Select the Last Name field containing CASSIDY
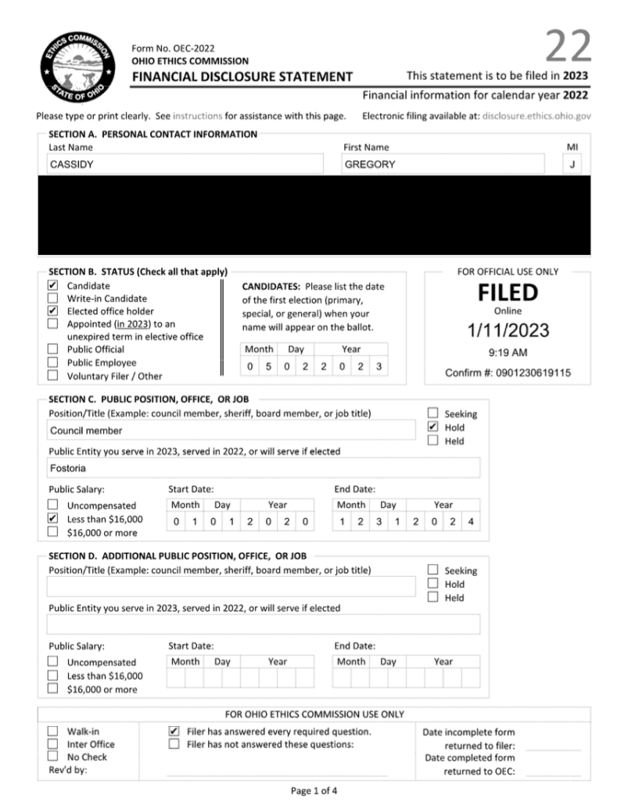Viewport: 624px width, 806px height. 185,164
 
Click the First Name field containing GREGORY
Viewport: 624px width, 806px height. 443,164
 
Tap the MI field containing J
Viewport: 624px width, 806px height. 572,164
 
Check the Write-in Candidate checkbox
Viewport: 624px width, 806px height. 52,298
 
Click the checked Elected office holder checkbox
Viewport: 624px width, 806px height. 52,311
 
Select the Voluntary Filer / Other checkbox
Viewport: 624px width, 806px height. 52,376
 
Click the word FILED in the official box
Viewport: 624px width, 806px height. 507,293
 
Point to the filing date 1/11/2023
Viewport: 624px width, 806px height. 507,330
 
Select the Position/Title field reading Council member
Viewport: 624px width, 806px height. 231,430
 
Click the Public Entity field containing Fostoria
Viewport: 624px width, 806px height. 264,469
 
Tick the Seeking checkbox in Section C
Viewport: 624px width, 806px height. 432,413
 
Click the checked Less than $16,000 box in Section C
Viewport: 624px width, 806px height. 52,518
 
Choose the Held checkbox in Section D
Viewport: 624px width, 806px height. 432,597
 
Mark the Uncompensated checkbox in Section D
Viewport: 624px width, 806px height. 52,662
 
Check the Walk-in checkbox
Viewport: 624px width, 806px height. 52,731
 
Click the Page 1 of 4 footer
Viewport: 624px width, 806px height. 314,790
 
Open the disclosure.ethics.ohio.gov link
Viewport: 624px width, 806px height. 536,116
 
